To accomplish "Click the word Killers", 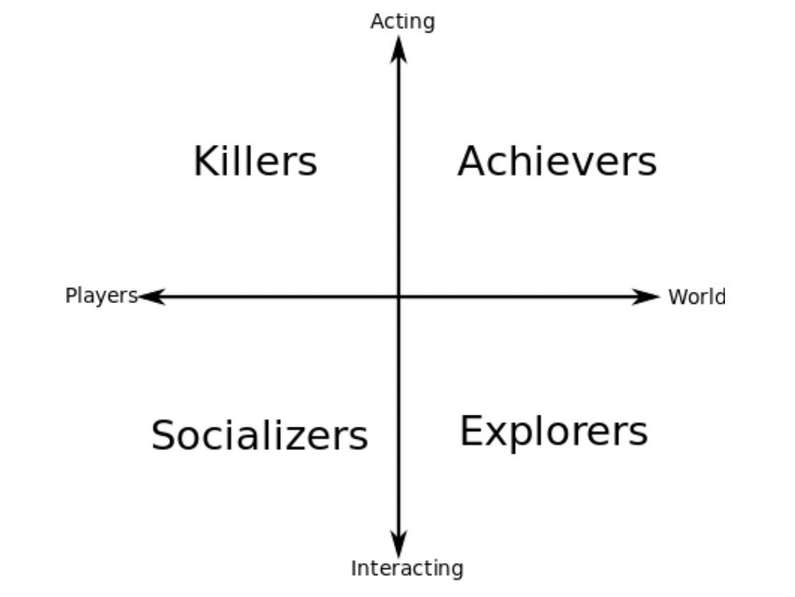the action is [x=255, y=162].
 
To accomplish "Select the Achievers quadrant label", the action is [x=557, y=162].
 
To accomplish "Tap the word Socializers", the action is [x=260, y=435].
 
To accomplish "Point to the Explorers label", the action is [x=554, y=432].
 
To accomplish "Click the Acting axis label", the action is [x=402, y=22].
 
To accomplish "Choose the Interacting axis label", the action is [x=407, y=568].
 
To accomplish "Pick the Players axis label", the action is [x=101, y=295].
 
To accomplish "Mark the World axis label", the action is [x=696, y=297].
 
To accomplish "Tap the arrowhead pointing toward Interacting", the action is [x=399, y=544].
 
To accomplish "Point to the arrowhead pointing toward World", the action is [x=645, y=297].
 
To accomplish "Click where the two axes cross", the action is [x=399, y=297].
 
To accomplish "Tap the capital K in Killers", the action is [x=206, y=162].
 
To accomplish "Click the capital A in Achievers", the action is [x=473, y=162].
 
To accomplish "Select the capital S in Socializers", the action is [x=164, y=435].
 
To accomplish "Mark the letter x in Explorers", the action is [x=498, y=434].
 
